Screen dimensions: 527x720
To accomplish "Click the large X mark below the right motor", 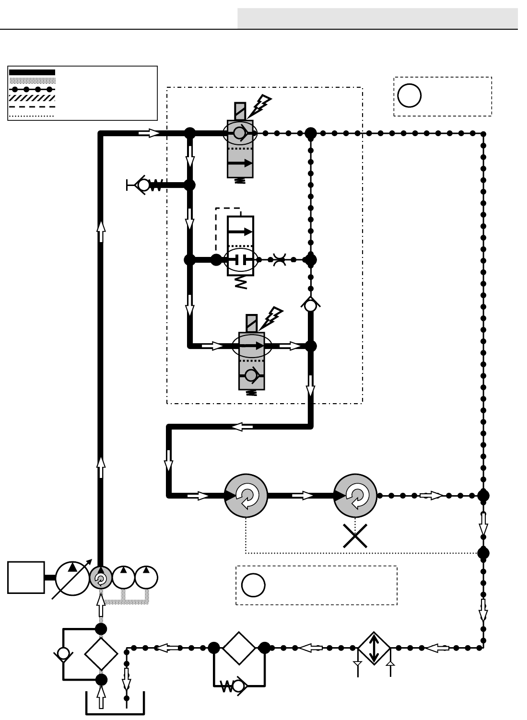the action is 355,535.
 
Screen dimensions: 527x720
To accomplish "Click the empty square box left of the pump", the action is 26,577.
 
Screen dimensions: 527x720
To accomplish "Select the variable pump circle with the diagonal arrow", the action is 72,578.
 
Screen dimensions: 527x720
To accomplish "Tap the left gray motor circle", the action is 246,496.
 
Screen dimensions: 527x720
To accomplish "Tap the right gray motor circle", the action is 355,496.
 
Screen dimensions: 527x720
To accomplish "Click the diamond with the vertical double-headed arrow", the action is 375,648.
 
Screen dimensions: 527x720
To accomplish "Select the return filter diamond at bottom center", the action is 239,648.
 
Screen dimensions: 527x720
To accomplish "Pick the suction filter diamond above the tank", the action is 101,654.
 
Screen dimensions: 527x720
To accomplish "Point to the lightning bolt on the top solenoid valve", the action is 262,105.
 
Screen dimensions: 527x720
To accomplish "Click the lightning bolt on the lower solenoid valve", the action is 274,316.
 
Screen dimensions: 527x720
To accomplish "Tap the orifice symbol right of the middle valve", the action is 279,260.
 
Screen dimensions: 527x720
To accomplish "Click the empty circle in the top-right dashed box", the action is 410,95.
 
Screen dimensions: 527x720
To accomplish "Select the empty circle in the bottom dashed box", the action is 253,585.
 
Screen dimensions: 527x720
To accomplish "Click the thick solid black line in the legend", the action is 32,72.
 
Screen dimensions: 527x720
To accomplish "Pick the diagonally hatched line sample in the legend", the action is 32,98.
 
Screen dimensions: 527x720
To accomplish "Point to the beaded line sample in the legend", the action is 32,89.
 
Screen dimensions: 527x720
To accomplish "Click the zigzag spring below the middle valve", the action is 241,282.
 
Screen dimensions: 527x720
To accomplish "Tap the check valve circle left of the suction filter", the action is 63,653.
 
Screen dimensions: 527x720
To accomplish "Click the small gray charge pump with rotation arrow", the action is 101,578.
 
